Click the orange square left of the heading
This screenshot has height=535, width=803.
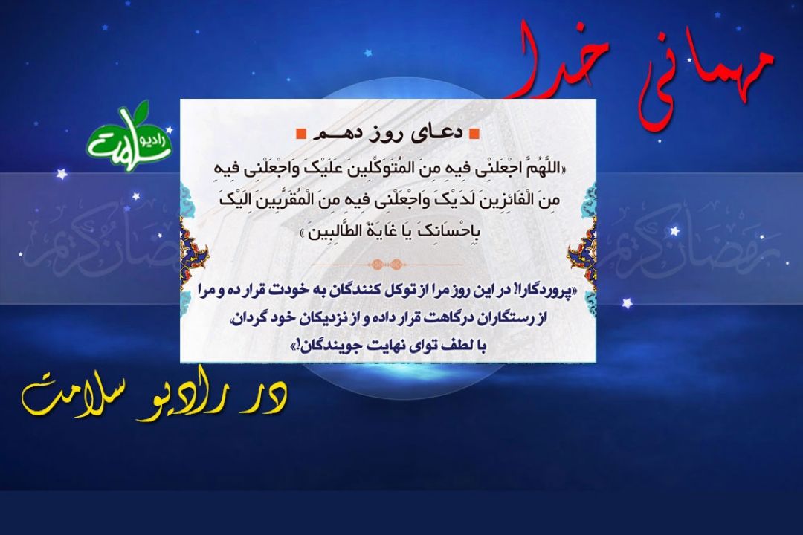point(301,134)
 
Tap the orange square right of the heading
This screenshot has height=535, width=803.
point(474,134)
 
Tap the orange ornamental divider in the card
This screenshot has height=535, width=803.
point(387,265)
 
